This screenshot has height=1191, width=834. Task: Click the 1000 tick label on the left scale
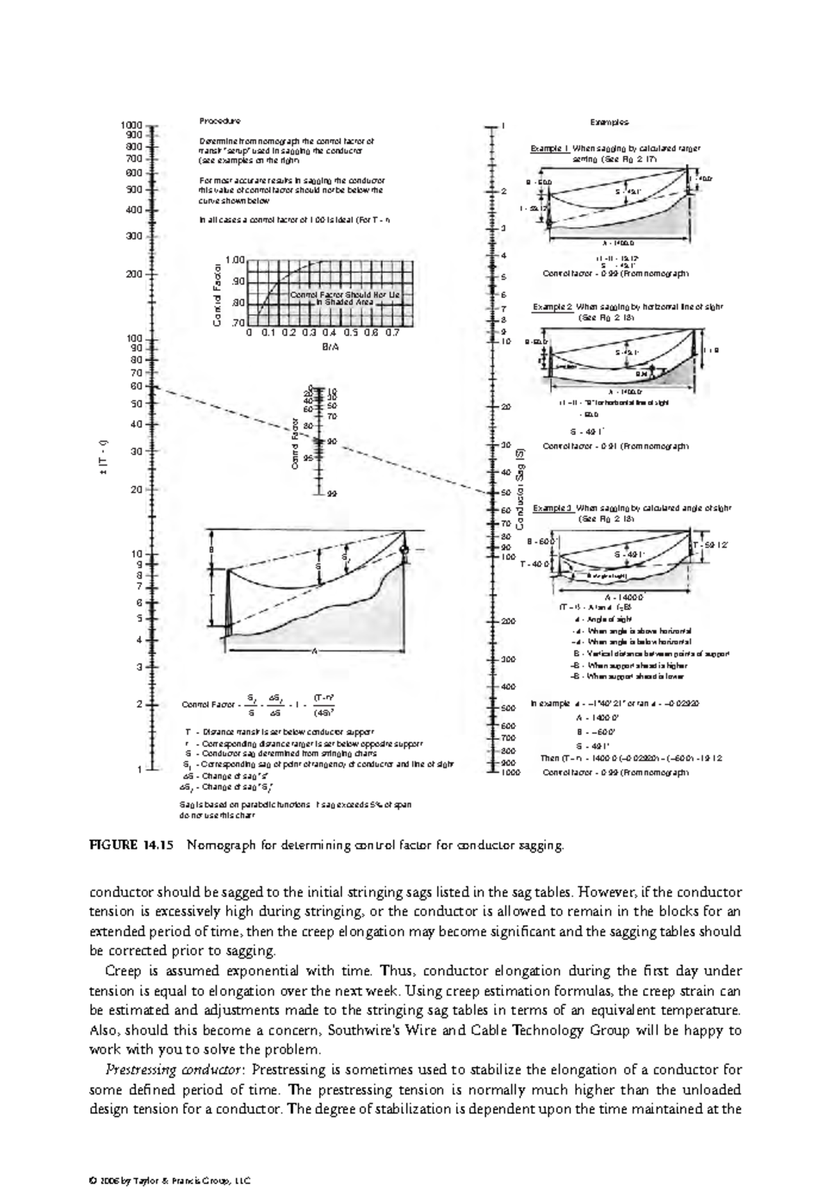coord(132,125)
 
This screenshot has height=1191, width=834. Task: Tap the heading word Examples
coord(609,122)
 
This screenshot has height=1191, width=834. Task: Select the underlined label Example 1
coord(550,148)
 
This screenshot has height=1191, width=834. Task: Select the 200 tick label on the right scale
coord(508,621)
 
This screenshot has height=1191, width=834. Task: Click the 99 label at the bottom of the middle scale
coord(332,493)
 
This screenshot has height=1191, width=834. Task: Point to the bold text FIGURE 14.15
coord(131,846)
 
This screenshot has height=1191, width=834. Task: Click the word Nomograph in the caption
coord(220,846)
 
